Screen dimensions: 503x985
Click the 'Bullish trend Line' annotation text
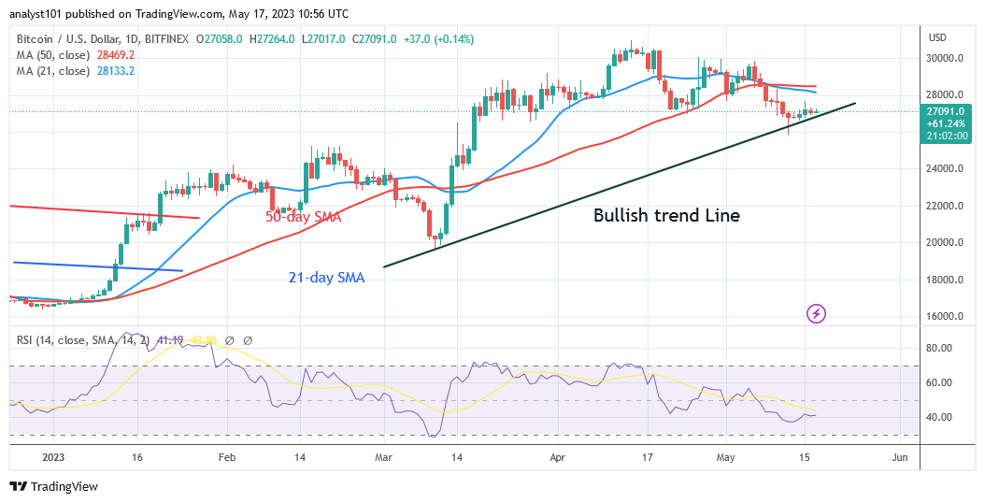[666, 216]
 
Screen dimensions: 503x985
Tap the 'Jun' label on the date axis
[899, 458]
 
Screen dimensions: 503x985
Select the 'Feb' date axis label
[226, 458]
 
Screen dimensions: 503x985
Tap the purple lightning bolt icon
[817, 313]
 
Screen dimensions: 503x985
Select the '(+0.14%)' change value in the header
[452, 39]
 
